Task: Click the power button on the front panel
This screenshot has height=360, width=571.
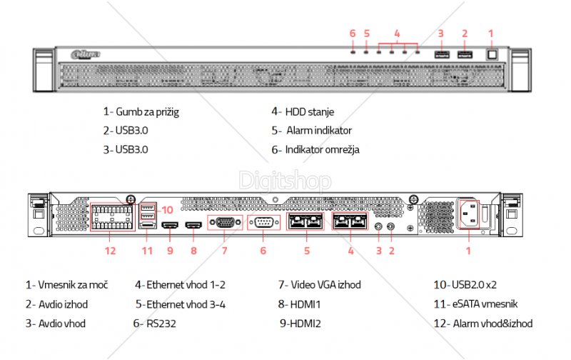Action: [490, 54]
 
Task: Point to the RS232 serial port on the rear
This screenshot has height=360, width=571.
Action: [263, 222]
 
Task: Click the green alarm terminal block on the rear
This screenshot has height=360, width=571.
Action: [111, 215]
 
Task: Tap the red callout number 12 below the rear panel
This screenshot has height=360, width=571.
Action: [110, 251]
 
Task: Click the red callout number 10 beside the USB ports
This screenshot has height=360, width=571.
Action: [167, 209]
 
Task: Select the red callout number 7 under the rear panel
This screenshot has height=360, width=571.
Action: [224, 251]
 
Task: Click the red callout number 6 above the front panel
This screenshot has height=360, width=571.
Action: [353, 33]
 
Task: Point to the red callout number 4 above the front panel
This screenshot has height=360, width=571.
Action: [397, 33]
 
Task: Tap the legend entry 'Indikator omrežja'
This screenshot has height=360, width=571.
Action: [322, 150]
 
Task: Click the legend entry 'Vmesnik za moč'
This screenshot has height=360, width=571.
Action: [72, 284]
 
